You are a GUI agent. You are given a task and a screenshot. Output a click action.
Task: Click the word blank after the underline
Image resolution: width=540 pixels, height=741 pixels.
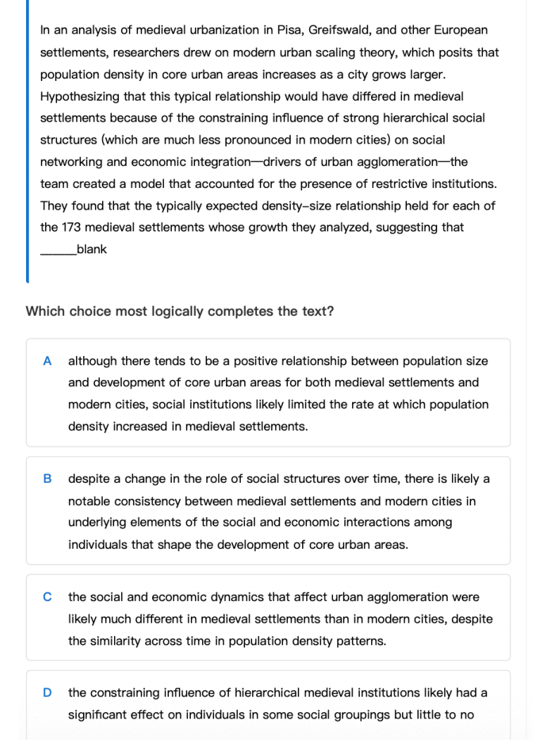coord(92,249)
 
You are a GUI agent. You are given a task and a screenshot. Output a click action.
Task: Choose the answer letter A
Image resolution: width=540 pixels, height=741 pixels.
coord(47,361)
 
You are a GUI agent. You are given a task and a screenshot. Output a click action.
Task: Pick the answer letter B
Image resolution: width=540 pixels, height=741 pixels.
coord(47,479)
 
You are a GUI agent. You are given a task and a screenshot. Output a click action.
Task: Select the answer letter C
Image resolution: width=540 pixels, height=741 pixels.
coord(47,597)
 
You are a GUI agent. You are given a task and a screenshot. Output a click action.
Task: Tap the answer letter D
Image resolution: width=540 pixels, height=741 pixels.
coord(47,692)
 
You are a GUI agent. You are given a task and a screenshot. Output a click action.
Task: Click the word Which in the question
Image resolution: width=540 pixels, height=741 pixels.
coord(45,312)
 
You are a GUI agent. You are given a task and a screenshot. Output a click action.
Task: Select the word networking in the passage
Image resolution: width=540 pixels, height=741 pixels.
coord(72,162)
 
